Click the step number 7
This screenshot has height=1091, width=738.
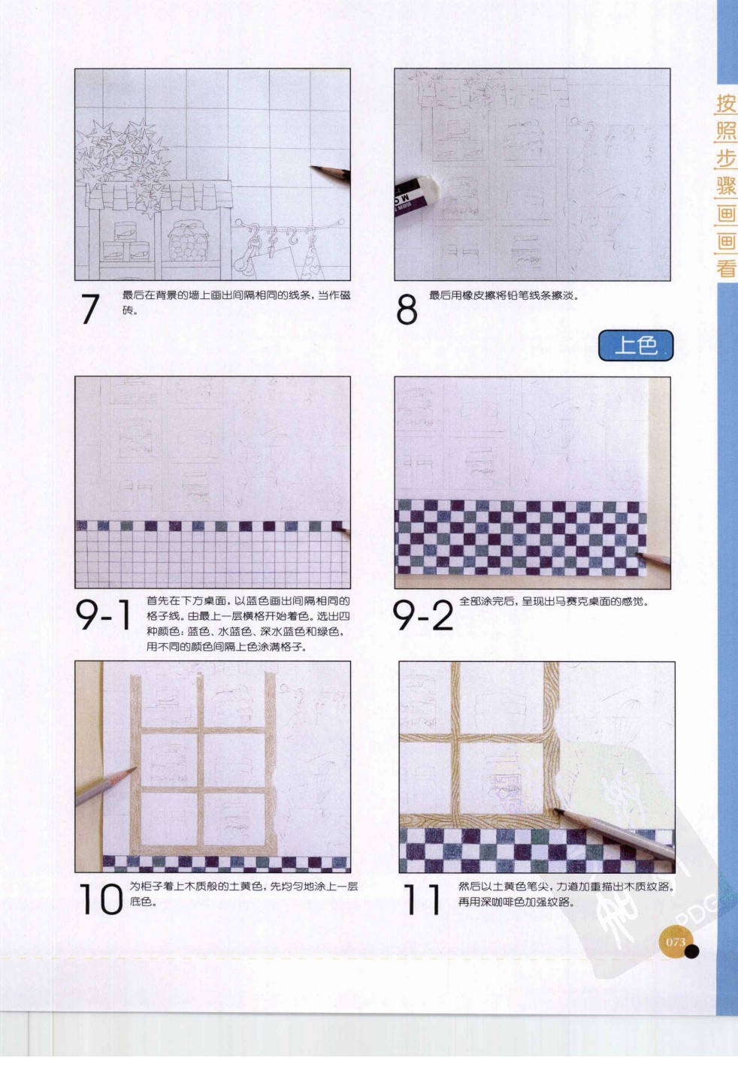(90, 309)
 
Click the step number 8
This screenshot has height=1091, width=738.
(407, 309)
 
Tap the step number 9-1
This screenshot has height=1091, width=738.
(104, 615)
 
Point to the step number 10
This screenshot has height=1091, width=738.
(100, 899)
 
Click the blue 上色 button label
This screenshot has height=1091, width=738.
(636, 346)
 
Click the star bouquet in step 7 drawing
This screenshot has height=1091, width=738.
(124, 158)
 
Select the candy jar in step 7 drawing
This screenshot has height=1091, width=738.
(185, 241)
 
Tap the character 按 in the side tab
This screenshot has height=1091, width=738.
(726, 104)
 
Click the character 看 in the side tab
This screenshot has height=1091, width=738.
(726, 268)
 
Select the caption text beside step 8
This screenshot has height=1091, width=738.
(504, 295)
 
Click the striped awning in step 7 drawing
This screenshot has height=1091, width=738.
(162, 195)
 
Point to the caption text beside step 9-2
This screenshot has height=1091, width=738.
(553, 601)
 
